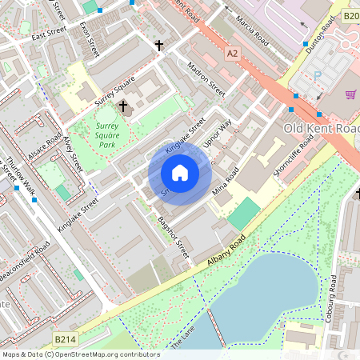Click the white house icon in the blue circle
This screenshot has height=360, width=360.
180,173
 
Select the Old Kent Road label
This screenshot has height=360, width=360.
322,128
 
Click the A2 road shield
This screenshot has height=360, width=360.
233,53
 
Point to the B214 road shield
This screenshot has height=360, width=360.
67,340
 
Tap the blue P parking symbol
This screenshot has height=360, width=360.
317,75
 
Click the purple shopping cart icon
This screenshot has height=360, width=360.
350,94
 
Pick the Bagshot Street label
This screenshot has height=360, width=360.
172,237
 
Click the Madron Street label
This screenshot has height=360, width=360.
206,78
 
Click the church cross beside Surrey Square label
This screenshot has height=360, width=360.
122,106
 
